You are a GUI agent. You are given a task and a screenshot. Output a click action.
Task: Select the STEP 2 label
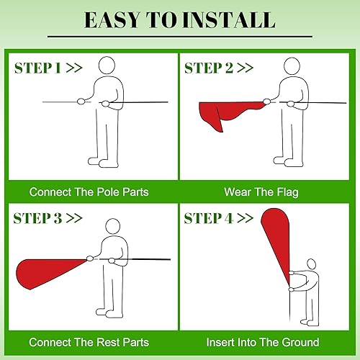point(210,68)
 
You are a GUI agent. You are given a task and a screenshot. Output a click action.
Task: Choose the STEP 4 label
point(210,217)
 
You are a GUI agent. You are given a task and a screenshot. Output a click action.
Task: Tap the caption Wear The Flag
point(262,192)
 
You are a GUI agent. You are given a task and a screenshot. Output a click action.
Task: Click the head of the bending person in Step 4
point(312,267)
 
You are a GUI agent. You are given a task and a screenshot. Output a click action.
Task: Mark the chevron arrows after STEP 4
point(244,217)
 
